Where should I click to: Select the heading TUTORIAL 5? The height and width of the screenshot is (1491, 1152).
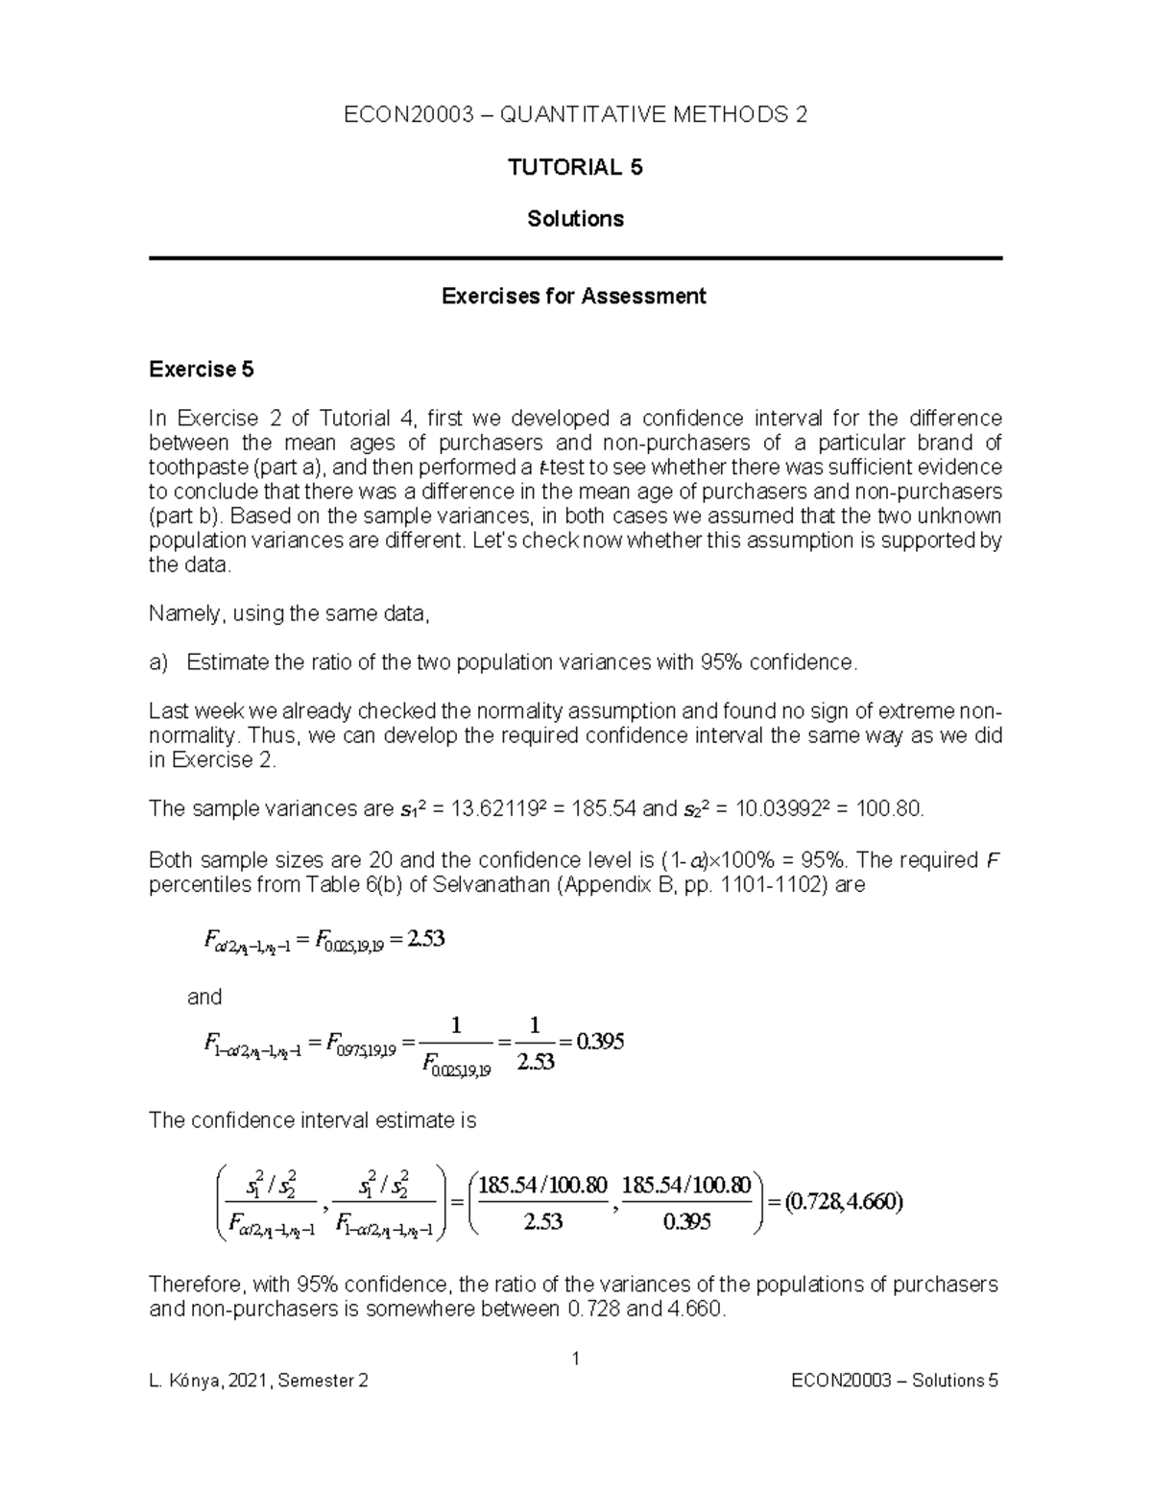click(x=575, y=168)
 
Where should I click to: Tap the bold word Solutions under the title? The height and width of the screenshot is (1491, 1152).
click(x=575, y=219)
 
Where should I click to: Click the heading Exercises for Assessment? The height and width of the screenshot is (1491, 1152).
click(x=573, y=296)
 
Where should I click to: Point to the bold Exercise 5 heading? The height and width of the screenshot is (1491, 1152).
click(x=202, y=370)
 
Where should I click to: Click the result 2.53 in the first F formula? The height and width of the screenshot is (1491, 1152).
click(x=425, y=940)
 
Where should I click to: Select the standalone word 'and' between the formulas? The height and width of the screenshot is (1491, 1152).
click(x=204, y=997)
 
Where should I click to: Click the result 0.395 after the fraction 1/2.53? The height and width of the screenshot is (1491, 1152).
click(x=599, y=1042)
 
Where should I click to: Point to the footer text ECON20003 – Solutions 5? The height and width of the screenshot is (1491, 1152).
click(x=895, y=1382)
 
